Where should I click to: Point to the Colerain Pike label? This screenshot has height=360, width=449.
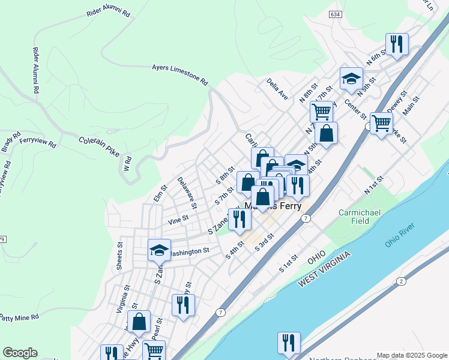pos(99,146)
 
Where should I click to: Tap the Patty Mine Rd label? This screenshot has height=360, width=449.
pos(19,316)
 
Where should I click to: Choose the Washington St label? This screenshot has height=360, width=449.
pos(189,252)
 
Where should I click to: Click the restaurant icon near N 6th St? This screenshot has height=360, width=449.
pos(397,44)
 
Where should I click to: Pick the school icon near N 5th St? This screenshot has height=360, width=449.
pos(351,79)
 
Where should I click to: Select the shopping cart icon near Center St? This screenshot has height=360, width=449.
pos(382,123)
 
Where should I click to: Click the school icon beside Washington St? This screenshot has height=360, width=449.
pos(159,250)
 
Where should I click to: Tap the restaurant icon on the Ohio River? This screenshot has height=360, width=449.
pos(289,343)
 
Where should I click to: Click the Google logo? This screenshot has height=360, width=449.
pos(20,353)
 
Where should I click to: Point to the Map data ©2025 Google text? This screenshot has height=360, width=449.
pos(412,355)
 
